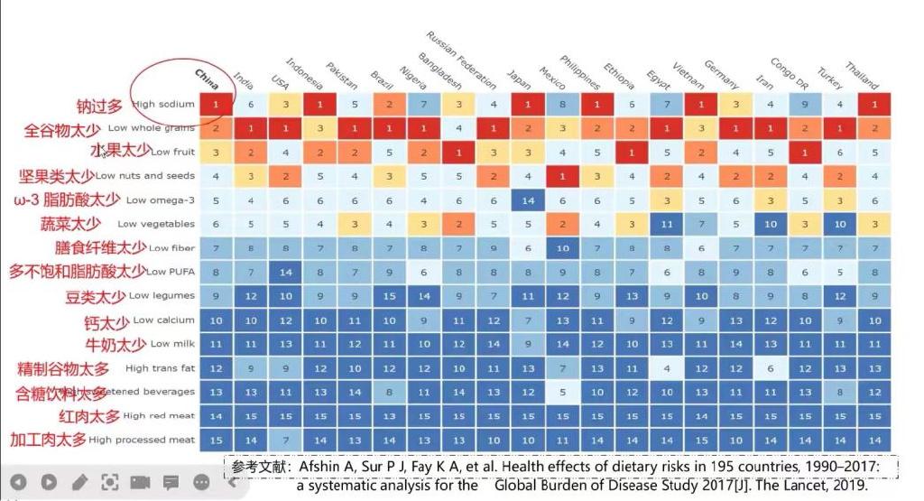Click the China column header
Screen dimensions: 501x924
[207, 79]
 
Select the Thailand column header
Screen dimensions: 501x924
[862, 75]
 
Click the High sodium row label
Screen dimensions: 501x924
[163, 105]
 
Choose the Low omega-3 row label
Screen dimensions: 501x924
[160, 200]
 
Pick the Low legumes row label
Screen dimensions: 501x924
[162, 296]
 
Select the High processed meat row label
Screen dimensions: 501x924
[142, 441]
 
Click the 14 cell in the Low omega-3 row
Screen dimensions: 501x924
[529, 200]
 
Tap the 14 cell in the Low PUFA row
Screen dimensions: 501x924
[284, 272]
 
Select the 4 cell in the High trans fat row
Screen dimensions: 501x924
[666, 368]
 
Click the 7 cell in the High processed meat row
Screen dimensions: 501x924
[284, 440]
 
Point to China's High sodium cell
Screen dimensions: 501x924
[217, 105]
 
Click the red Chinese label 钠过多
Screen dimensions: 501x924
[98, 107]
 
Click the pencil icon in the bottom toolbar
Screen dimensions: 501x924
[79, 482]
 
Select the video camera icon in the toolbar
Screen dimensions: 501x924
[140, 482]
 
